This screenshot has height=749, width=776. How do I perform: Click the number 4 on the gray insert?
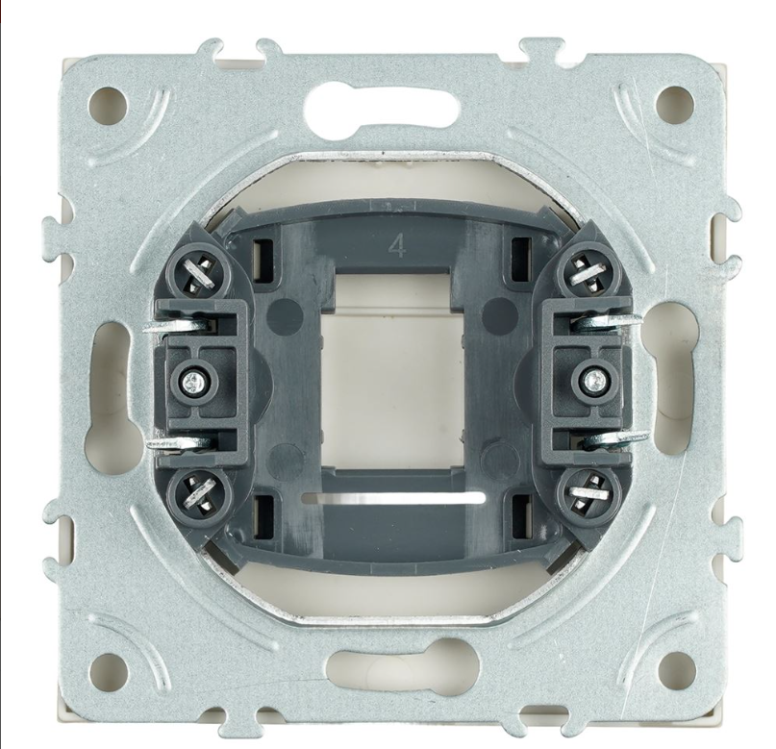(397, 245)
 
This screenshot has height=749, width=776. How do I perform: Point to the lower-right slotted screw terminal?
(588, 492)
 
